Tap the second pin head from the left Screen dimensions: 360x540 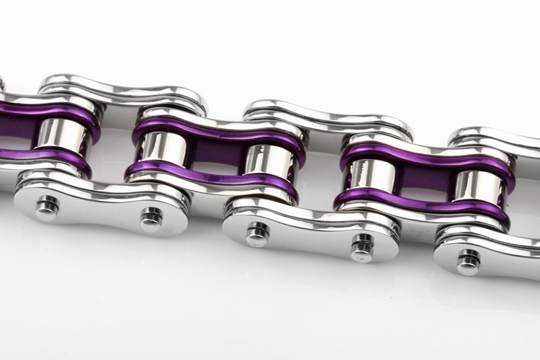151,217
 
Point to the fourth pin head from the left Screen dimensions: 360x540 362,246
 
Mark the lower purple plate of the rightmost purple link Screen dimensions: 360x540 425,204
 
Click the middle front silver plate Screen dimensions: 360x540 310,230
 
